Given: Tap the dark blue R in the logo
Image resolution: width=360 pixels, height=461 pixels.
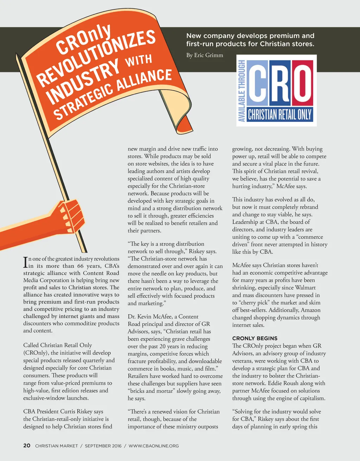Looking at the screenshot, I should pos(280,83).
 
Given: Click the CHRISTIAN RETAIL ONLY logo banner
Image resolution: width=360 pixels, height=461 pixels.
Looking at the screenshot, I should pos(280,115).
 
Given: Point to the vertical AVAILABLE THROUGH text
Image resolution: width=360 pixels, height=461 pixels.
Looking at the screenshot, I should pos(242,91).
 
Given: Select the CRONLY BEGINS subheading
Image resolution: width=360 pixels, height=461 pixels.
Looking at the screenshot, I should pos(255,338).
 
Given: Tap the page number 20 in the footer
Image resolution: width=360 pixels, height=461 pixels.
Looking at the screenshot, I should pos(27,446).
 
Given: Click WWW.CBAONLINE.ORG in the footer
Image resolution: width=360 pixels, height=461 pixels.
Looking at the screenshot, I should pos(154,446).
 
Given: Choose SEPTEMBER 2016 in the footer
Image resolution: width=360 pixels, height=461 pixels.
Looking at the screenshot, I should pos(103,446).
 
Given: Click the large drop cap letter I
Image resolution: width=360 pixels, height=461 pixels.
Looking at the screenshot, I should pos(25,262).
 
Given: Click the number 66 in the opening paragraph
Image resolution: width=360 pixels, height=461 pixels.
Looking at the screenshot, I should pos(81,266).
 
